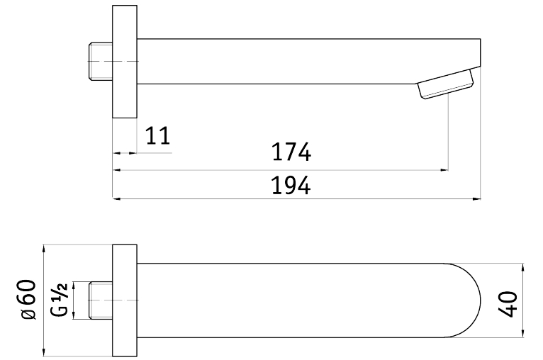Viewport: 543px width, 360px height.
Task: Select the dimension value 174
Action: click(x=291, y=152)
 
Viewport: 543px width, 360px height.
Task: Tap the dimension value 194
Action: click(x=291, y=186)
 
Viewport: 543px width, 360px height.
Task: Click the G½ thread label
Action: click(x=60, y=299)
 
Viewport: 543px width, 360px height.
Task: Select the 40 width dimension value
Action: click(x=508, y=300)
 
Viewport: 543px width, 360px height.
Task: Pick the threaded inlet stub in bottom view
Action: click(x=100, y=299)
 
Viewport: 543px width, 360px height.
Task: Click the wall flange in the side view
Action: click(x=125, y=62)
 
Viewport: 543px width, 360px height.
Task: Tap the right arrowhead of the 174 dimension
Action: click(x=444, y=170)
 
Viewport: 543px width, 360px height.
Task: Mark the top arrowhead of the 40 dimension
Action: click(x=522, y=268)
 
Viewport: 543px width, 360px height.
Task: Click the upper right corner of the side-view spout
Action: click(x=481, y=40)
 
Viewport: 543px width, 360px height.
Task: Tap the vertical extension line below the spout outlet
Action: click(x=449, y=135)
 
